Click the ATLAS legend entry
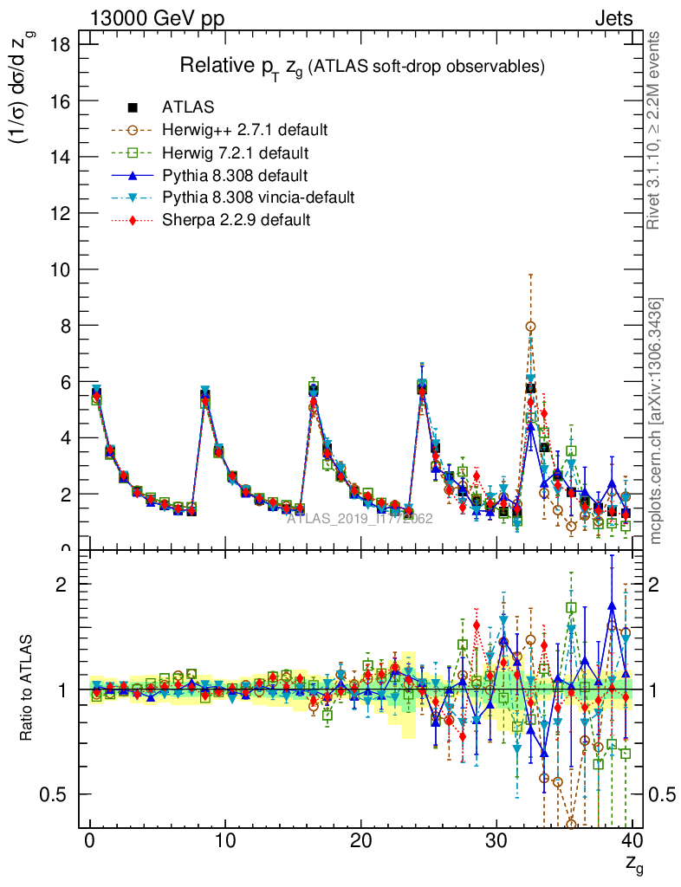[x=188, y=107]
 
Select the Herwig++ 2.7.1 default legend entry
[x=244, y=130]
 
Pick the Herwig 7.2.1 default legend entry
[x=236, y=152]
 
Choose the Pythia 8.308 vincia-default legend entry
[x=258, y=197]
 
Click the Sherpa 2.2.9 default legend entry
[x=236, y=220]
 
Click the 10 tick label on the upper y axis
[x=58, y=269]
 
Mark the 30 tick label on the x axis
[x=496, y=840]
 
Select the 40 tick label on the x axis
[x=632, y=840]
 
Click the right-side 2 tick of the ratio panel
[x=658, y=585]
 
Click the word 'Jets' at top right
[x=613, y=17]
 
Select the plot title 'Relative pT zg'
[x=361, y=66]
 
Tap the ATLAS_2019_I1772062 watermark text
[x=360, y=519]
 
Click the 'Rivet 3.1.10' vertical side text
[x=655, y=130]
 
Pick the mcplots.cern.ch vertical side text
[x=656, y=420]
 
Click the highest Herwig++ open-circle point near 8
[x=530, y=327]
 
